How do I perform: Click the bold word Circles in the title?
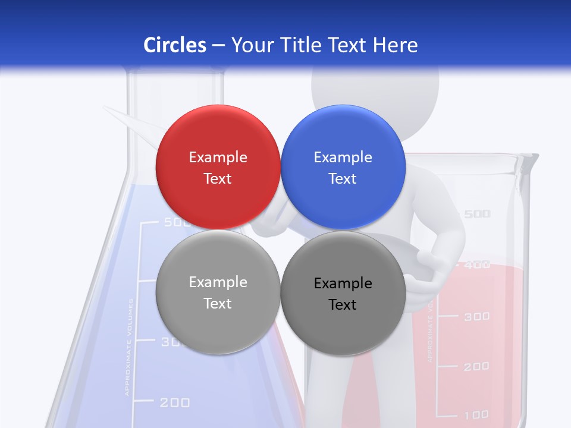[174, 45]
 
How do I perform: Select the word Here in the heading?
[395, 45]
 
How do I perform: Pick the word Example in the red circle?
[218, 157]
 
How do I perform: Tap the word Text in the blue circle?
[343, 179]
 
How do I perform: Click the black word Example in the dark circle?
[343, 284]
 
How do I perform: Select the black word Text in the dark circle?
[343, 305]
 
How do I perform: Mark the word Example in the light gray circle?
[218, 282]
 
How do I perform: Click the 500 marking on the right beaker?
[477, 214]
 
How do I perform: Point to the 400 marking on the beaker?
[477, 265]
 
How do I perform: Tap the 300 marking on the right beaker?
[477, 316]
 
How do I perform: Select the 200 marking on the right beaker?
[477, 367]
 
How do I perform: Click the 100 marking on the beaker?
[477, 414]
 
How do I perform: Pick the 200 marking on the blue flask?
[175, 403]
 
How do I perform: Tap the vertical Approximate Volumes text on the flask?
[129, 348]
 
